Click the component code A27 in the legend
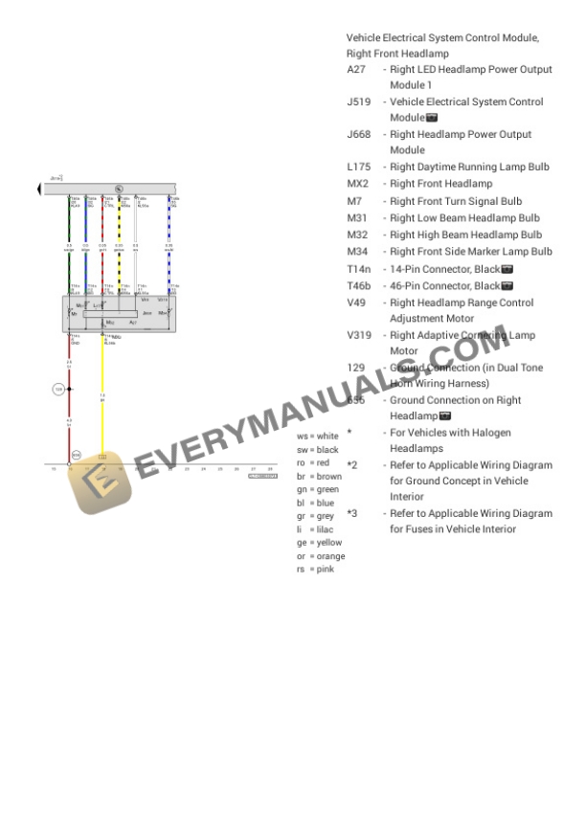(356, 70)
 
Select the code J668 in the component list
(358, 135)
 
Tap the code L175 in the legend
(358, 168)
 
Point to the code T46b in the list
(359, 286)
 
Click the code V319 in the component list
(360, 336)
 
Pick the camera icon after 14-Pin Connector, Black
(507, 270)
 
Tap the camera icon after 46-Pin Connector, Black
(507, 286)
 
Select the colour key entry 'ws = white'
(317, 437)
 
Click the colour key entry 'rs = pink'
(315, 570)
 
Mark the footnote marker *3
(351, 514)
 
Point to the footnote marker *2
(351, 466)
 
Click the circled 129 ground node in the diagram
(57, 390)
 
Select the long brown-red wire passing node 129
(69, 421)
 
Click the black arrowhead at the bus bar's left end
(39, 189)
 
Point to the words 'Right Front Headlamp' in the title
(396, 55)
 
